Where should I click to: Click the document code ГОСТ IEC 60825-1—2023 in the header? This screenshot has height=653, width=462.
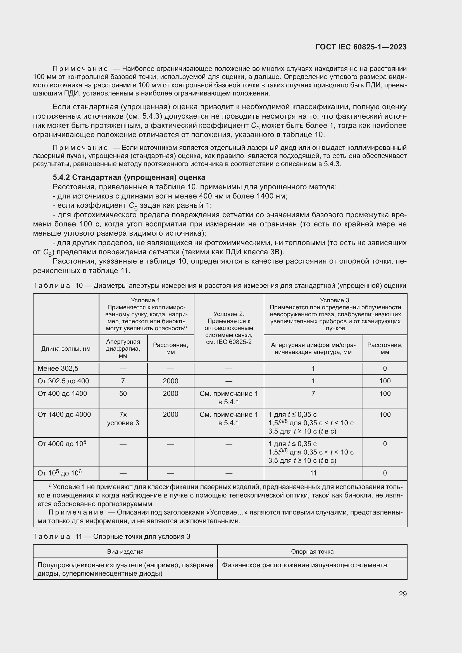coord(361,47)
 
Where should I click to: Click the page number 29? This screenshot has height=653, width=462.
coord(403,594)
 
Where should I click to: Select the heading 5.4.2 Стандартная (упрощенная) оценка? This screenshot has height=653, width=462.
coord(129,178)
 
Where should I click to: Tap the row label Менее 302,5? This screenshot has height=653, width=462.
coord(58,368)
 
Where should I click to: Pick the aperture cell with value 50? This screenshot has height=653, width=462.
coord(123,393)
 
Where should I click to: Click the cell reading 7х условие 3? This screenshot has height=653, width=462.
coord(123,418)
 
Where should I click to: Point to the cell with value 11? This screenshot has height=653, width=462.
coord(313,473)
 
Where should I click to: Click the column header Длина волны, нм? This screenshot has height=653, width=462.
coord(66,348)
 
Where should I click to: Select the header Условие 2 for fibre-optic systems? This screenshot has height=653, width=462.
coord(229,328)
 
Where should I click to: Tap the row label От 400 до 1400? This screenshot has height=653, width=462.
coord(62,393)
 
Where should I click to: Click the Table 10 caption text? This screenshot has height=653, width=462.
coord(219,286)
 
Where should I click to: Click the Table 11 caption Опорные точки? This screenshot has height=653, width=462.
coord(111,536)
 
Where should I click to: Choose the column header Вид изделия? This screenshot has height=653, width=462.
coord(125,551)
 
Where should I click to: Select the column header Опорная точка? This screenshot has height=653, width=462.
coord(312,551)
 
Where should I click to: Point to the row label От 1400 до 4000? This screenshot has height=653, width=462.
coord(64,414)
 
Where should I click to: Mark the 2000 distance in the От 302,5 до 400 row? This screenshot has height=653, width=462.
coord(170,381)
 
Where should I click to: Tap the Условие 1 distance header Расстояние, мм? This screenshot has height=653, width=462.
coord(170,348)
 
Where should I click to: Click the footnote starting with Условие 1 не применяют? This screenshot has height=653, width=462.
coord(220,495)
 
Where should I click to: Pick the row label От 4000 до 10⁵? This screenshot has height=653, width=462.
coord(62,444)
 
